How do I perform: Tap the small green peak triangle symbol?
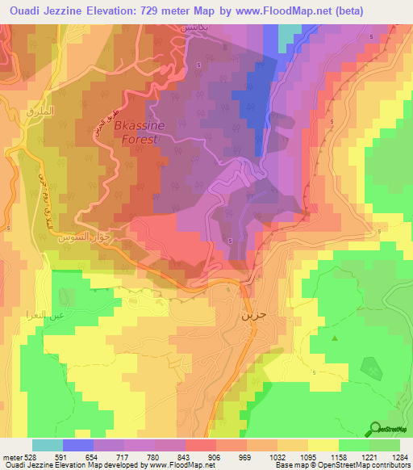click(333, 338)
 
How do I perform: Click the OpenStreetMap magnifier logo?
click(376, 429)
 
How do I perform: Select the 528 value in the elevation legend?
click(24, 457)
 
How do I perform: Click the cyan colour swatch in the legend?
click(47, 445)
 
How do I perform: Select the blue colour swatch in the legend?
click(77, 445)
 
